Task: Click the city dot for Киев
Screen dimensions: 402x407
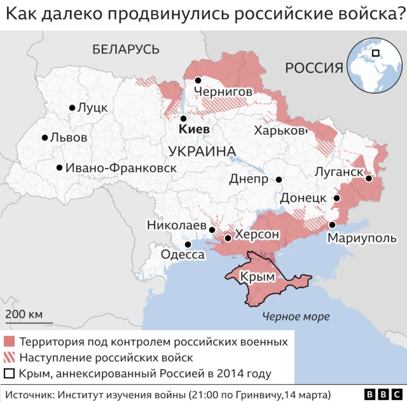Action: (183, 118)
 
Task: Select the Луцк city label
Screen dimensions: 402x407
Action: (92, 108)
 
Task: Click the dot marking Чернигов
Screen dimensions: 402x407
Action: (198, 80)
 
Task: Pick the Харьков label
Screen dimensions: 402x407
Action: (280, 130)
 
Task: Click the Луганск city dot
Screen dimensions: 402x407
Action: (368, 179)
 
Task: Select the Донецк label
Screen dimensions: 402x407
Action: (303, 198)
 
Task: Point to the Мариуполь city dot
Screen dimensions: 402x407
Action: (332, 225)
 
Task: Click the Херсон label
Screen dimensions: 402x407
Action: (257, 235)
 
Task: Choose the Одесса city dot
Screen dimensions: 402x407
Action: (188, 244)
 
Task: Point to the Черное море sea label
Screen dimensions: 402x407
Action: (298, 316)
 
